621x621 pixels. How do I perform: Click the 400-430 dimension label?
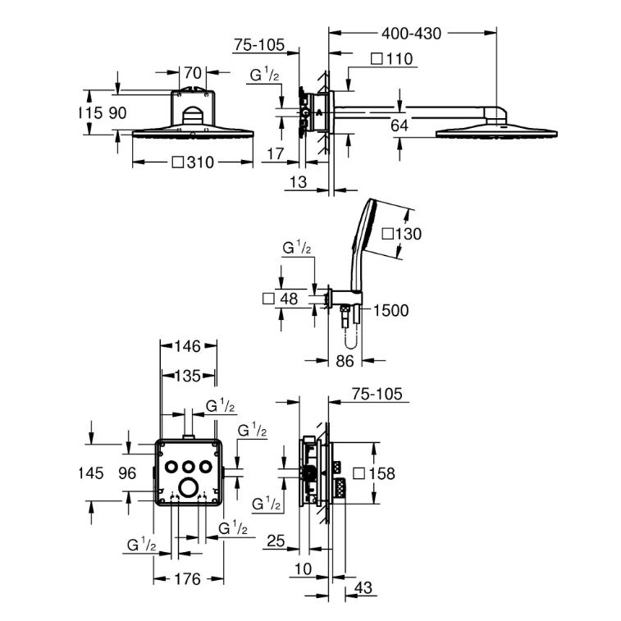411,34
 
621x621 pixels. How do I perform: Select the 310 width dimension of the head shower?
194,162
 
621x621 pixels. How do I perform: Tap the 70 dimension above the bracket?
193,73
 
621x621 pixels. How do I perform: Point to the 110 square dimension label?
392,59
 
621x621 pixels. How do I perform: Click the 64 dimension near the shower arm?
400,126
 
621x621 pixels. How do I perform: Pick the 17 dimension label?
276,153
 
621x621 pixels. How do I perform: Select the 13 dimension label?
298,182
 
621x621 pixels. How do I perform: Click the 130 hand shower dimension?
402,234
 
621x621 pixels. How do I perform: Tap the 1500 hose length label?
391,310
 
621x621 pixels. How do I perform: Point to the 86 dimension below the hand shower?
345,361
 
